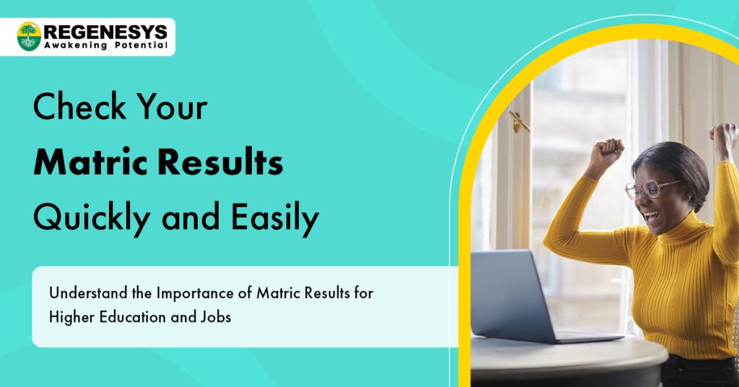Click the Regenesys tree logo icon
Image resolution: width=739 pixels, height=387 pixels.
click(x=29, y=36)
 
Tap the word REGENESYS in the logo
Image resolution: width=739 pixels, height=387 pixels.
click(x=105, y=32)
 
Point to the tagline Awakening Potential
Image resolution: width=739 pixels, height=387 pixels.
click(x=105, y=45)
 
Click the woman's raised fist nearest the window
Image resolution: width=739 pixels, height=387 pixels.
click(x=605, y=151)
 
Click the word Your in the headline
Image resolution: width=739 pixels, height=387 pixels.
click(x=175, y=108)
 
